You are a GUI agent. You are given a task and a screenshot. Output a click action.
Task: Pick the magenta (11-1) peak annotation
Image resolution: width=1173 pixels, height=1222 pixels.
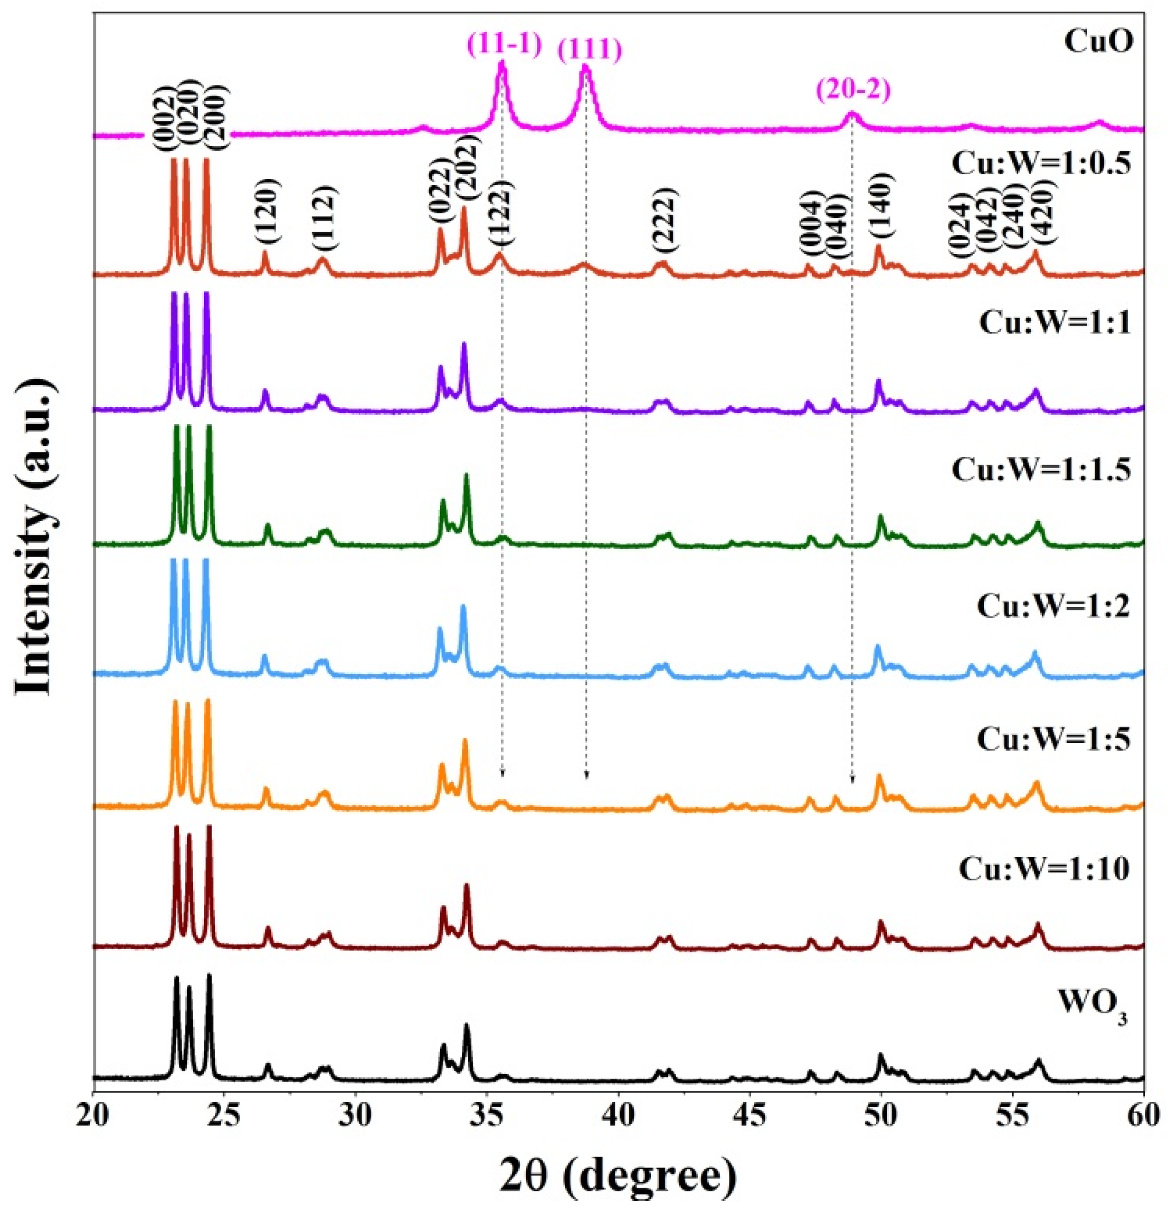503,45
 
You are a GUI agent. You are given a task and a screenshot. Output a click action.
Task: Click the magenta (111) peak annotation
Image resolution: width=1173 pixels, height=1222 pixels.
589,50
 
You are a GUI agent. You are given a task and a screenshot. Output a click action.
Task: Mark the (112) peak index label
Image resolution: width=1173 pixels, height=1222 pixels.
324,216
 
